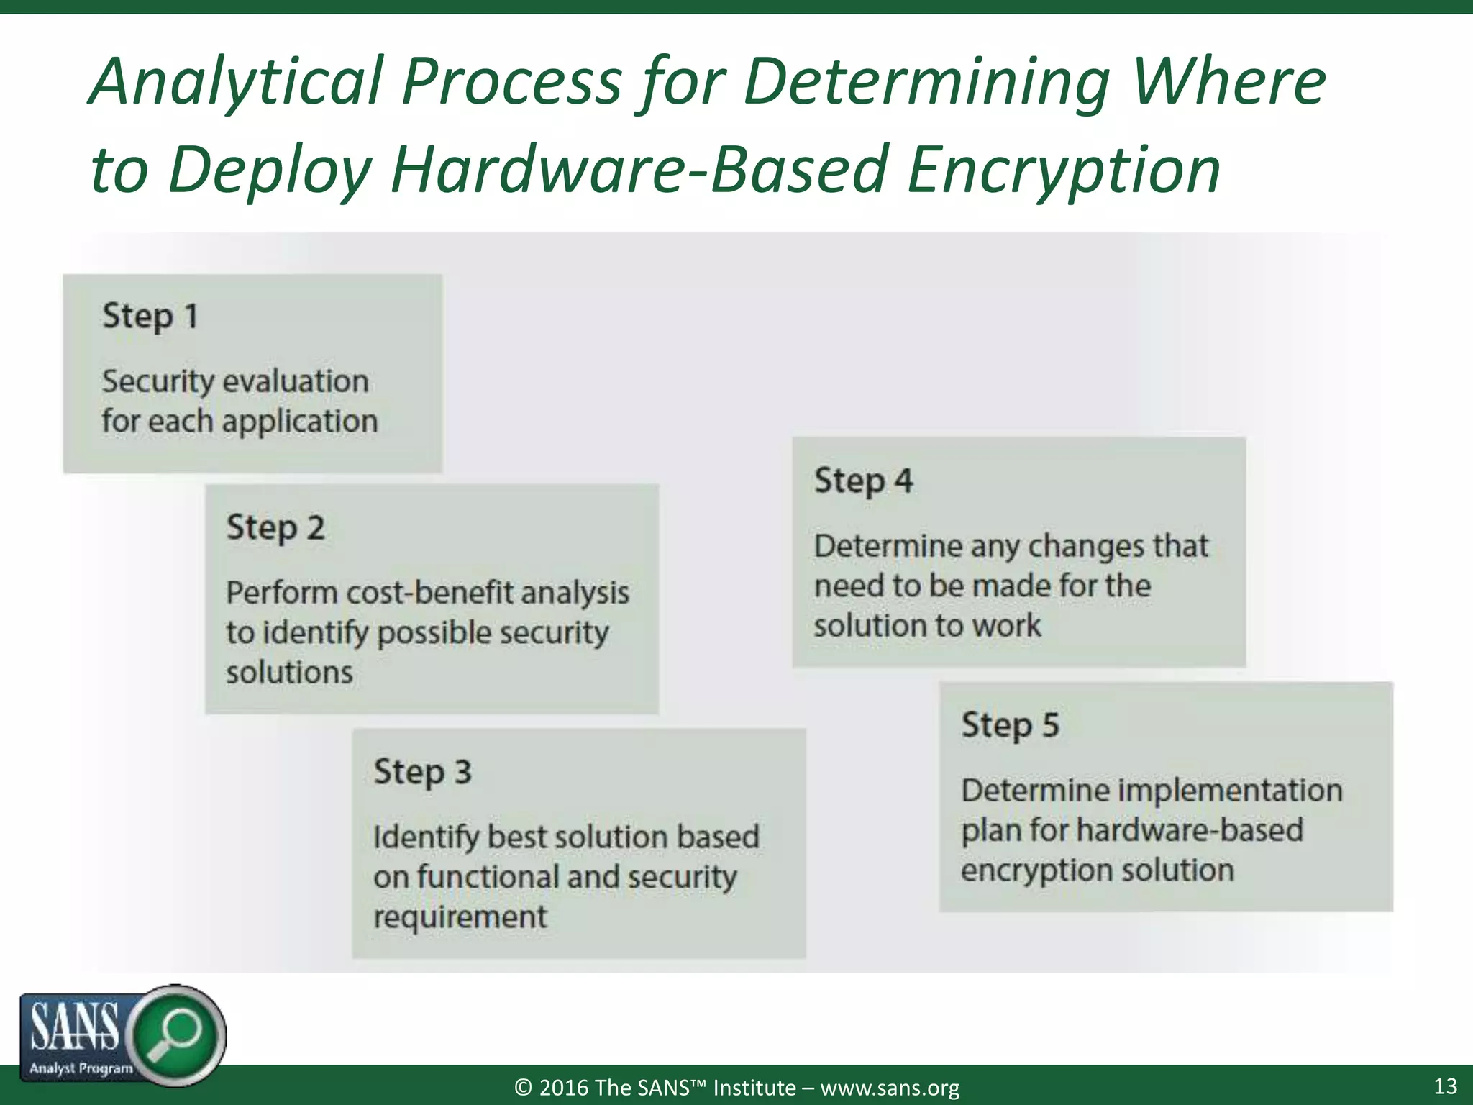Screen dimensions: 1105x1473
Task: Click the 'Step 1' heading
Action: coord(150,316)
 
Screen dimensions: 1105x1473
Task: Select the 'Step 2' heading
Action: coord(275,527)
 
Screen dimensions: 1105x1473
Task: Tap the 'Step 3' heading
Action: coord(422,772)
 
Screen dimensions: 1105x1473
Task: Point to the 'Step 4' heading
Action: coord(863,481)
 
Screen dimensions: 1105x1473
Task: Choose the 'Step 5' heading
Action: coord(1010,724)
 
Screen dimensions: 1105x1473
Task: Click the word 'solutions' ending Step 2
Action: coord(289,673)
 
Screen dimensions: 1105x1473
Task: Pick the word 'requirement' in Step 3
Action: coord(460,917)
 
